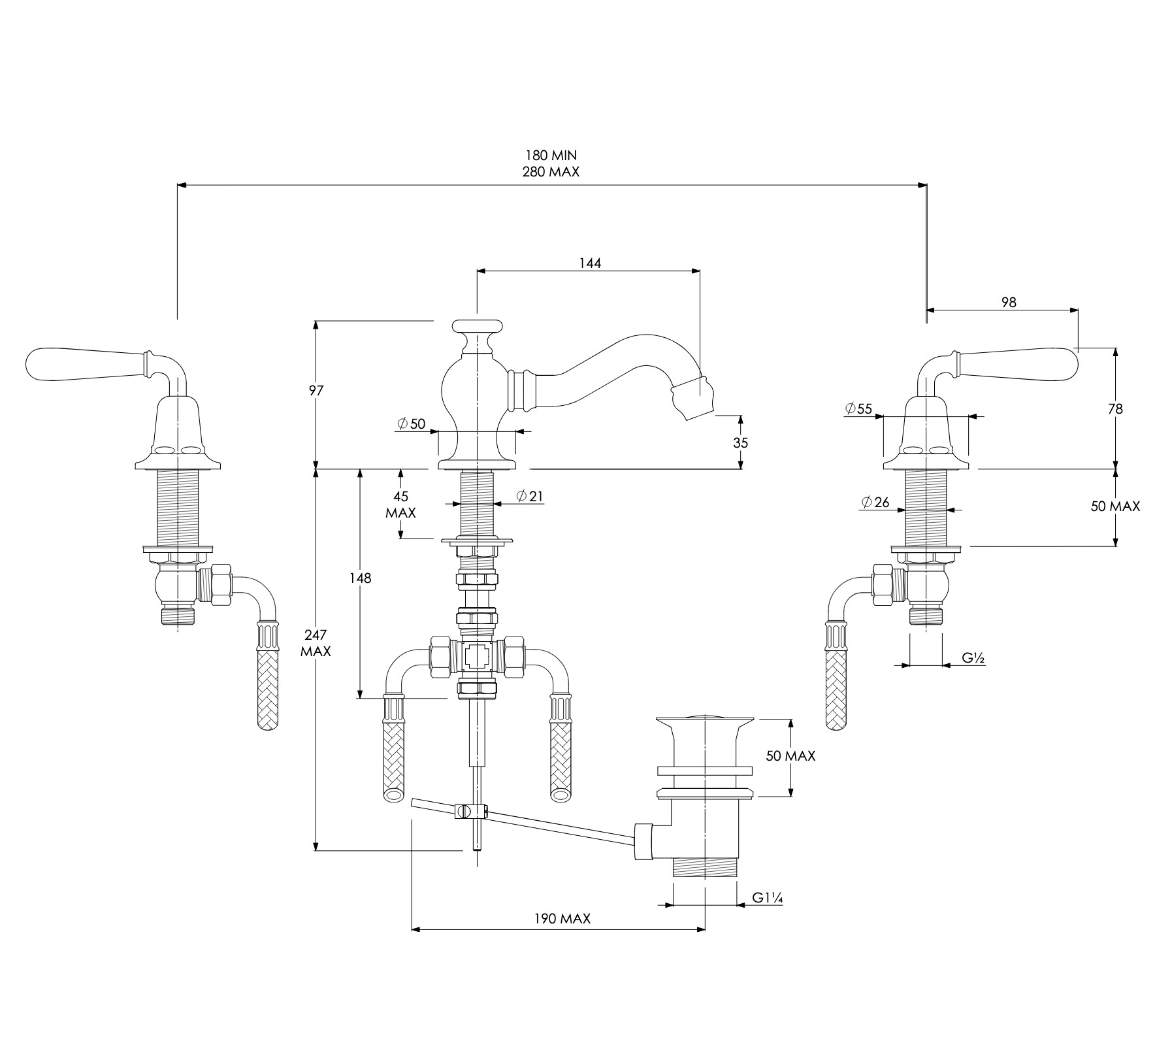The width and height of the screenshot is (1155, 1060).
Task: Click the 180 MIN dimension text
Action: coord(551,156)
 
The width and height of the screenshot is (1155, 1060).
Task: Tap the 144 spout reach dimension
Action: coord(590,263)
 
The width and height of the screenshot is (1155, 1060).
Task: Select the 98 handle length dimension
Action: coord(1009,303)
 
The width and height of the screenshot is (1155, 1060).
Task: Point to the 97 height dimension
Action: coord(316,391)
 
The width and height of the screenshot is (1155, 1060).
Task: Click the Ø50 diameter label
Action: coord(412,423)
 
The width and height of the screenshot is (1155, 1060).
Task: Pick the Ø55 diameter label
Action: coord(858,409)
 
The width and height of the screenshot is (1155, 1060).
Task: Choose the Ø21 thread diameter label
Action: coord(530,496)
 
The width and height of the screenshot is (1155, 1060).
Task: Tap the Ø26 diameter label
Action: coord(875,503)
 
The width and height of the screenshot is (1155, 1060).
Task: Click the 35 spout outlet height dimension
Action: coord(740,442)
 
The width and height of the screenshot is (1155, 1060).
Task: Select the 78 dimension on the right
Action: coord(1116,409)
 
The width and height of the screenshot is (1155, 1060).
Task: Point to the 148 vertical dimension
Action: coord(360,578)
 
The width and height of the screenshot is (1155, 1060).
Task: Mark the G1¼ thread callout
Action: coord(767,898)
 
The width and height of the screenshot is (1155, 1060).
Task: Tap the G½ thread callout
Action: coord(973,658)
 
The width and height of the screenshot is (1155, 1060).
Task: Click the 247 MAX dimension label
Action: coord(316,643)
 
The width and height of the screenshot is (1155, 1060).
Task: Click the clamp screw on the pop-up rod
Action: coord(463,812)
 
